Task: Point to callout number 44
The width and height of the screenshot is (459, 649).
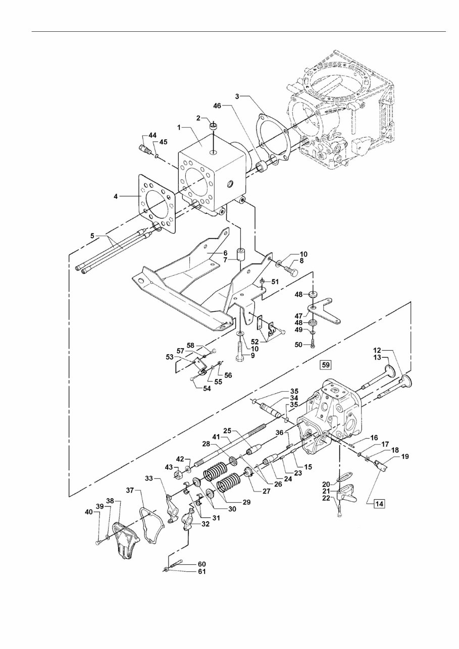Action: (152, 136)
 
